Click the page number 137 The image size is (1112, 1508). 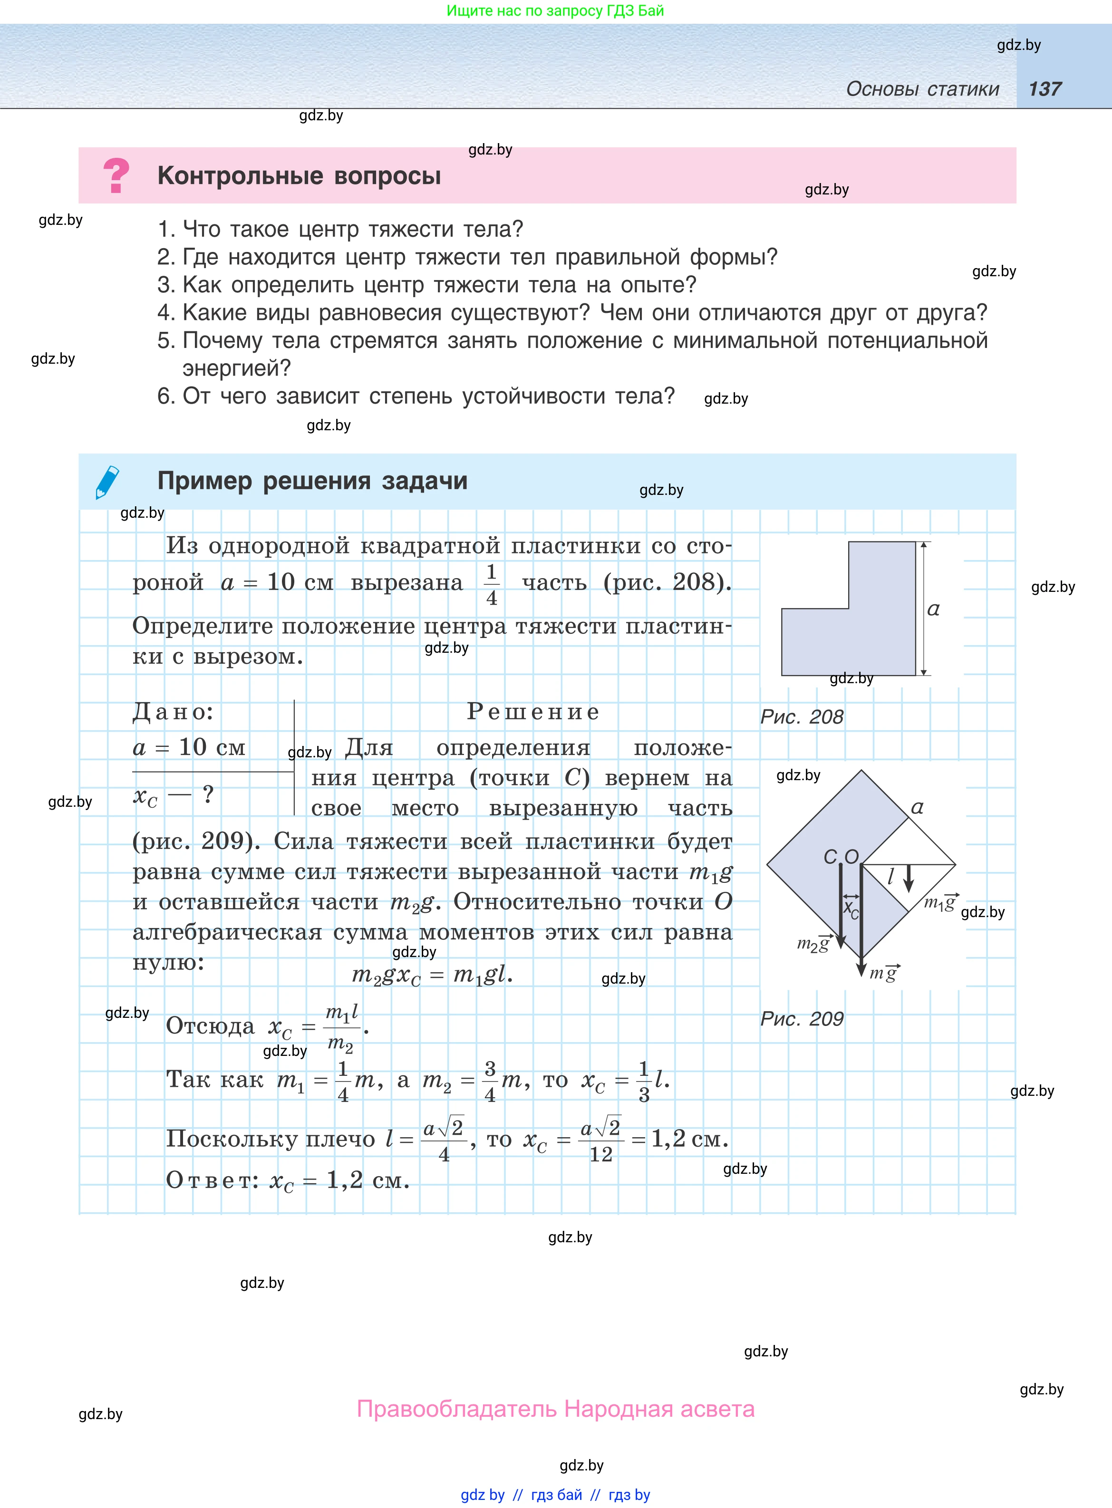tap(1044, 89)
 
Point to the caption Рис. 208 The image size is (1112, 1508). tap(801, 716)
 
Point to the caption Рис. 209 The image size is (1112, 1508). tap(801, 1018)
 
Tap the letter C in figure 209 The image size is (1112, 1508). tap(831, 857)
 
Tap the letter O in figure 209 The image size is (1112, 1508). tap(851, 857)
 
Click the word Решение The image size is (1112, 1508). tap(532, 712)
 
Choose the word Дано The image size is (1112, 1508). tap(172, 712)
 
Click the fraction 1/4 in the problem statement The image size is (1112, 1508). tap(492, 584)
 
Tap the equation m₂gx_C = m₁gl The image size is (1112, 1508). tap(432, 975)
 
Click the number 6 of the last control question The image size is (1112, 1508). tap(165, 396)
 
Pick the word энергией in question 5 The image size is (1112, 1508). tap(236, 368)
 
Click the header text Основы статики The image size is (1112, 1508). tap(922, 89)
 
